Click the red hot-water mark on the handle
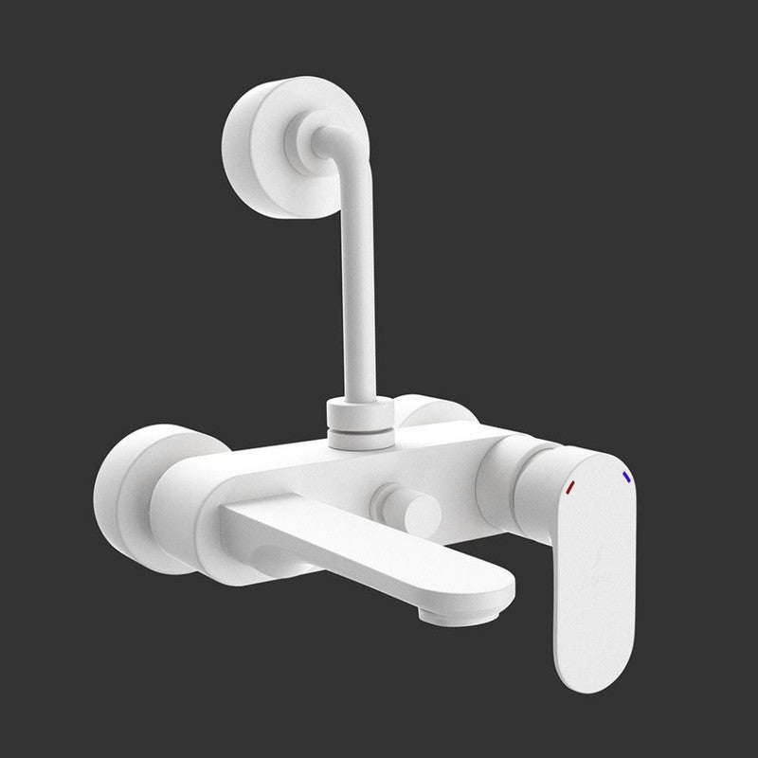click(x=569, y=487)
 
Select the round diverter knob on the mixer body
click(x=409, y=508)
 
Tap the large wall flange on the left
click(x=123, y=496)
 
